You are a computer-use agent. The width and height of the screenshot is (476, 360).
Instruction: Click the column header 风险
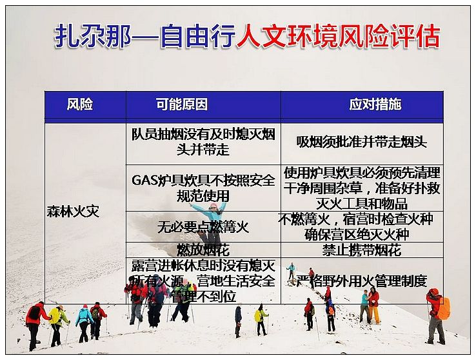pyautogui.click(x=80, y=105)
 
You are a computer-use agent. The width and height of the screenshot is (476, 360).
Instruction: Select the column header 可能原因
pyautogui.click(x=182, y=105)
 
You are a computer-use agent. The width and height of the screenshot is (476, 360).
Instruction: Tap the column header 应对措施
pyautogui.click(x=375, y=105)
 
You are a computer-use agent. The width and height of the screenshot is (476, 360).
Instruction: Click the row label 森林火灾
pyautogui.click(x=73, y=212)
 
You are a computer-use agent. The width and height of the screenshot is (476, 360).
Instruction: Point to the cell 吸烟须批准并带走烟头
pyautogui.click(x=362, y=142)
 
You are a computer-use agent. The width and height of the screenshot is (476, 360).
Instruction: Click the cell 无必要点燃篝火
pyautogui.click(x=203, y=226)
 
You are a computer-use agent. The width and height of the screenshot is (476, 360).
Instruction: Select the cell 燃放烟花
pyautogui.click(x=203, y=250)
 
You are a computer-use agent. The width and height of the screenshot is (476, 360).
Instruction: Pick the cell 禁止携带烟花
pyautogui.click(x=362, y=250)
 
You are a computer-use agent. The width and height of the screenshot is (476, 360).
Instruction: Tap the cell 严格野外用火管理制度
pyautogui.click(x=362, y=281)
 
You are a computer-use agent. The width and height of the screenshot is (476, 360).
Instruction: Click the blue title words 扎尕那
pyautogui.click(x=93, y=36)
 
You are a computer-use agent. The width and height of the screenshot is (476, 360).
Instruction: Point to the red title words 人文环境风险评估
pyautogui.click(x=339, y=36)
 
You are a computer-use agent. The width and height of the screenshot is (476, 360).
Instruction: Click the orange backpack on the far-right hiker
pyautogui.click(x=444, y=308)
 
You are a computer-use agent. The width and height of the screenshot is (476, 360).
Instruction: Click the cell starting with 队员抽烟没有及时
pyautogui.click(x=203, y=142)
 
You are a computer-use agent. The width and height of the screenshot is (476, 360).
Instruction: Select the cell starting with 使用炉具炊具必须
pyautogui.click(x=362, y=188)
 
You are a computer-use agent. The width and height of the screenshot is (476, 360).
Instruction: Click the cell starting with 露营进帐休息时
pyautogui.click(x=203, y=281)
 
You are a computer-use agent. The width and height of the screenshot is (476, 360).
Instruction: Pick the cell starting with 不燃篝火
pyautogui.click(x=357, y=226)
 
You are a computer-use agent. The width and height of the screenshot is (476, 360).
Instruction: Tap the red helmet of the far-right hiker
pyautogui.click(x=435, y=292)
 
